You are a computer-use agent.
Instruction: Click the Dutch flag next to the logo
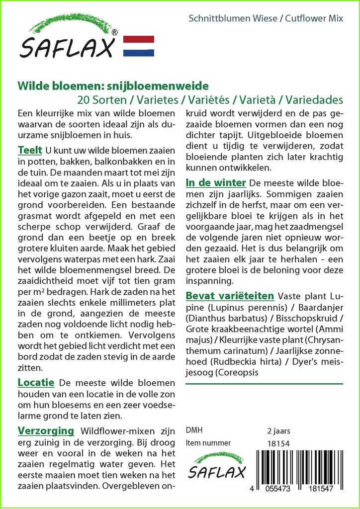(x=138, y=46)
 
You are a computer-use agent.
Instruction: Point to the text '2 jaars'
(x=278, y=430)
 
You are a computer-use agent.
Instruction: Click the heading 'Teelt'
(x=29, y=150)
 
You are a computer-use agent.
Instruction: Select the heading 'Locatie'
(x=35, y=383)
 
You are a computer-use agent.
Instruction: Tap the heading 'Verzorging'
(x=46, y=430)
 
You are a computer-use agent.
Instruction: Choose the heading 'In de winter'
(x=215, y=182)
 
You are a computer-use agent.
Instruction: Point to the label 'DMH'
(x=194, y=430)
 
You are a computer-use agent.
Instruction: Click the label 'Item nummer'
(x=208, y=443)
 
